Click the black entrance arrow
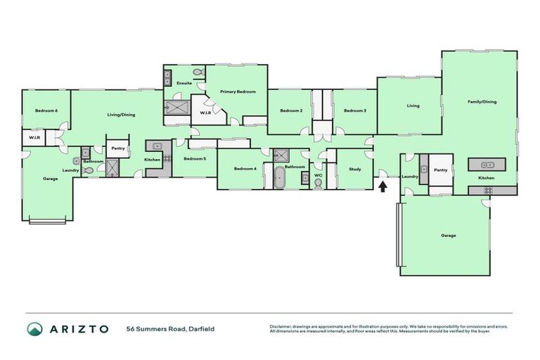(382, 186)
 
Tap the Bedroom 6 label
(46, 111)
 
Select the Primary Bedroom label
(237, 92)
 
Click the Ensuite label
(184, 83)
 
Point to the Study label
(354, 169)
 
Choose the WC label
(319, 175)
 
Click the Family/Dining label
(482, 102)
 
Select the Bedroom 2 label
(291, 111)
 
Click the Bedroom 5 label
(195, 159)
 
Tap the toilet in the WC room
(319, 184)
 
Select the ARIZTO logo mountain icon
(34, 328)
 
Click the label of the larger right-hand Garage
(448, 236)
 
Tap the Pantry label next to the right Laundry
(441, 170)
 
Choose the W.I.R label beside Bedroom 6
(34, 139)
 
